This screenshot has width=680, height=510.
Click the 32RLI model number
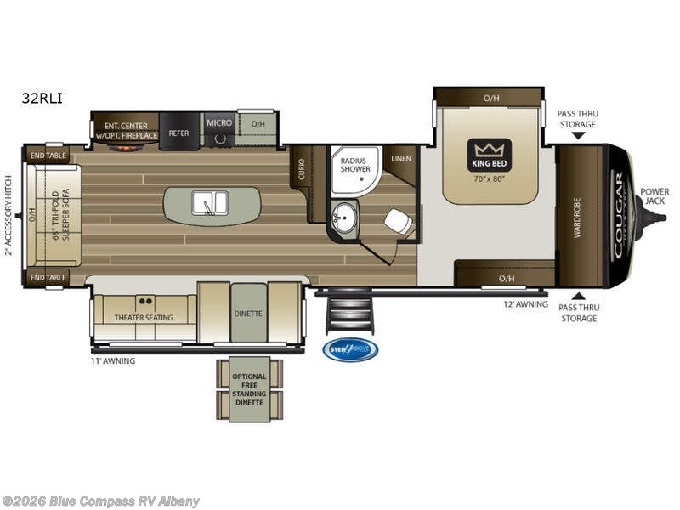[42, 99]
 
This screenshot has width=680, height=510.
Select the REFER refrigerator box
[178, 133]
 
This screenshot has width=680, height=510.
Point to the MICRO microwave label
[219, 122]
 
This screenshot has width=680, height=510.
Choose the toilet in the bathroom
[396, 222]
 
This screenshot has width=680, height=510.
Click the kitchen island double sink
[209, 204]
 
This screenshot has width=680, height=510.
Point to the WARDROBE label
[576, 218]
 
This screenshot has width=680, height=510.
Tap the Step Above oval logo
[350, 349]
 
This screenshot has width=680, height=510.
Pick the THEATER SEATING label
[144, 318]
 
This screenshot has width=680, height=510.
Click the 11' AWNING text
[113, 360]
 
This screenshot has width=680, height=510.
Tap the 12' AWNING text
[526, 303]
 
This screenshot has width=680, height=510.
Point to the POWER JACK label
[654, 196]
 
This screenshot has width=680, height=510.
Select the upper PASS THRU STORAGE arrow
[577, 135]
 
